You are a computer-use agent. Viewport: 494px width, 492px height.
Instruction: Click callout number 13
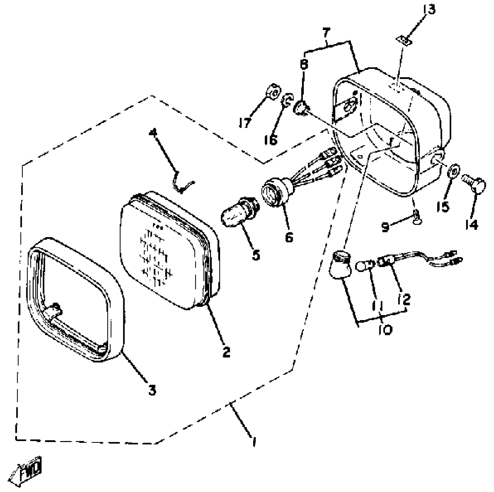[429, 10]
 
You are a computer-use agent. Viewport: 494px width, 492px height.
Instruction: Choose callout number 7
[326, 34]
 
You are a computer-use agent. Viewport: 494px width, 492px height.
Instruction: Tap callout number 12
[406, 300]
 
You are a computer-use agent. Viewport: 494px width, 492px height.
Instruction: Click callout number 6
[289, 237]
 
